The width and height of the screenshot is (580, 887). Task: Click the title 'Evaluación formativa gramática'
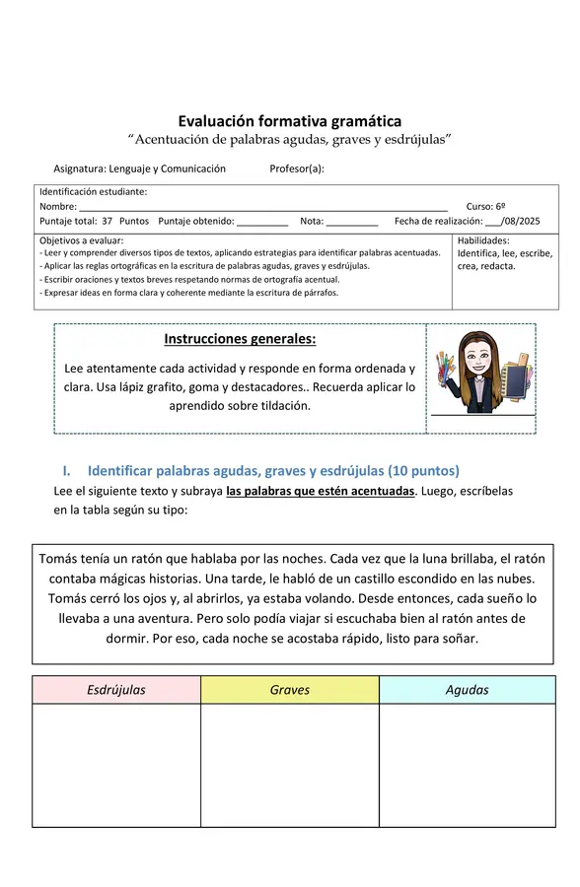290,121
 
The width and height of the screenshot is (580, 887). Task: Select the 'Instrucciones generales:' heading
240,339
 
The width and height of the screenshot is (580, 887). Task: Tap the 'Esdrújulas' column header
116,690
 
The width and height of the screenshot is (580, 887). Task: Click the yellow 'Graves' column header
289,690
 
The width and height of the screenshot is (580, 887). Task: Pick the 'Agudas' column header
467,690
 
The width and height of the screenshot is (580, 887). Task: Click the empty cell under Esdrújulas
116,765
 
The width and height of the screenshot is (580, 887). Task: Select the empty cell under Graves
289,765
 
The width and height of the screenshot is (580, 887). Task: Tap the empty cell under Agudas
467,765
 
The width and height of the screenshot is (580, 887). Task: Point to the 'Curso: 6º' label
485,207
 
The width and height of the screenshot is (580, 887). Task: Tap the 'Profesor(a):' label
297,169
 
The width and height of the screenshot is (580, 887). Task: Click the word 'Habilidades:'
483,240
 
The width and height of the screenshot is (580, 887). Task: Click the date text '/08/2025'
521,222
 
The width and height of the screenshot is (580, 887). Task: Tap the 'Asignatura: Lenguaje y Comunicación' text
139,169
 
